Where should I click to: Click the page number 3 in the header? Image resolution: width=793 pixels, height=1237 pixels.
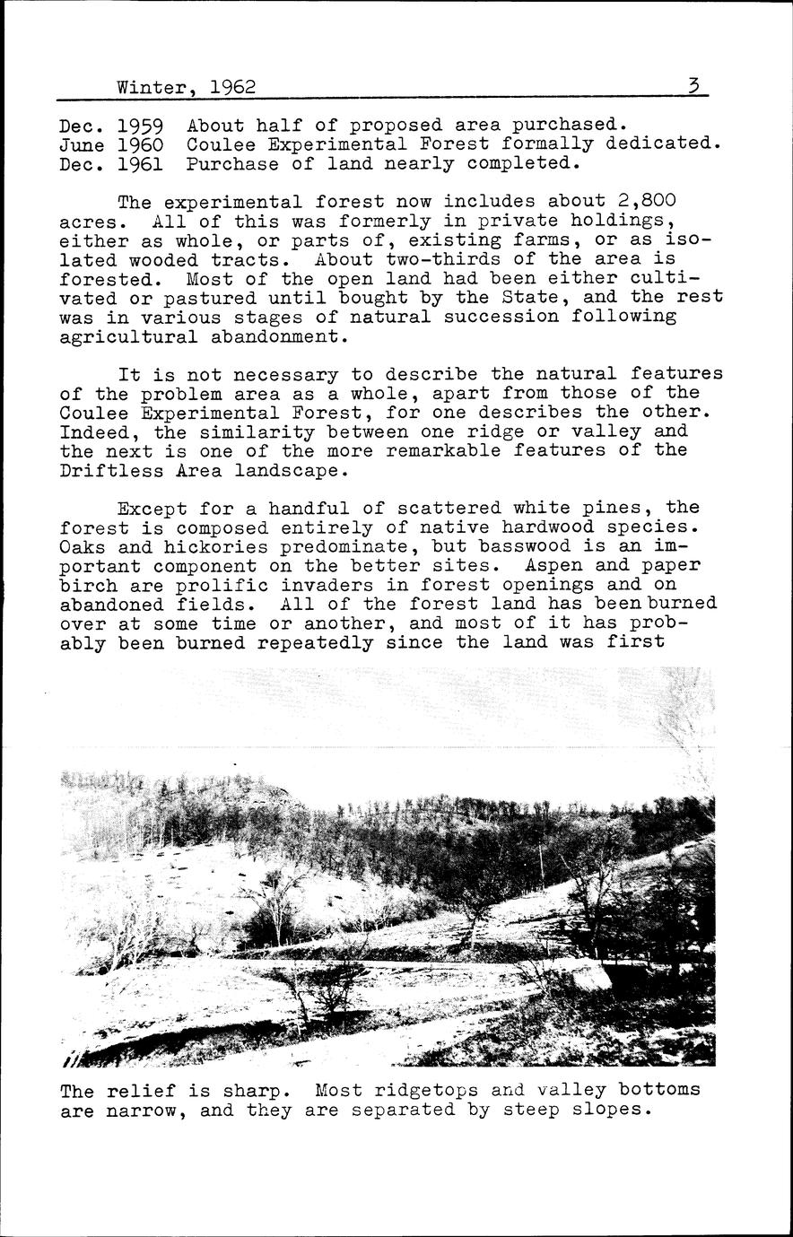693,86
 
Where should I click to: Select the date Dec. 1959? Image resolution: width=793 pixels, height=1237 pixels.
110,126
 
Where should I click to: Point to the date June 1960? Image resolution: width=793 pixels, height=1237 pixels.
110,144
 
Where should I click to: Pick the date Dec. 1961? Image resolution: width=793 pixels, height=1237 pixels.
110,164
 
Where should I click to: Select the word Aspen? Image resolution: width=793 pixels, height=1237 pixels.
567,566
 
